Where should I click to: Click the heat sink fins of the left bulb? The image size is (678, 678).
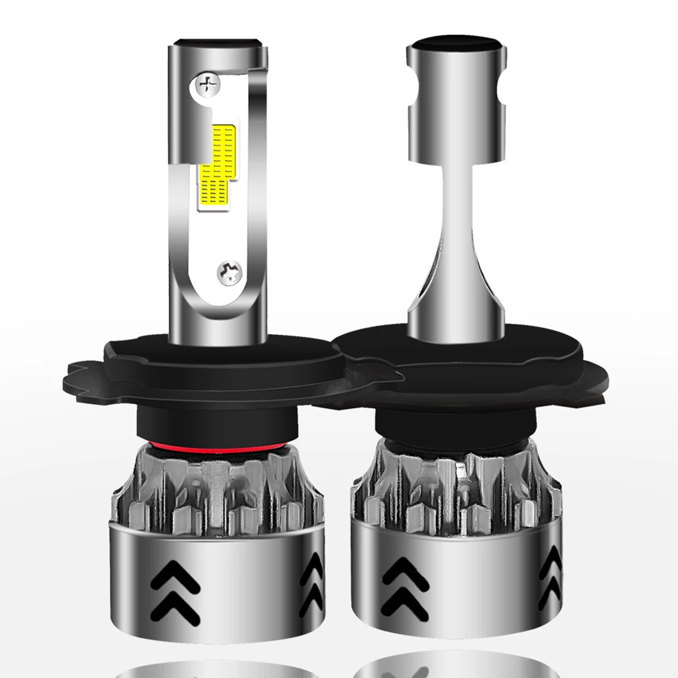coord(210,492)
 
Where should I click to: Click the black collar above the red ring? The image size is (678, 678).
coord(210,420)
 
